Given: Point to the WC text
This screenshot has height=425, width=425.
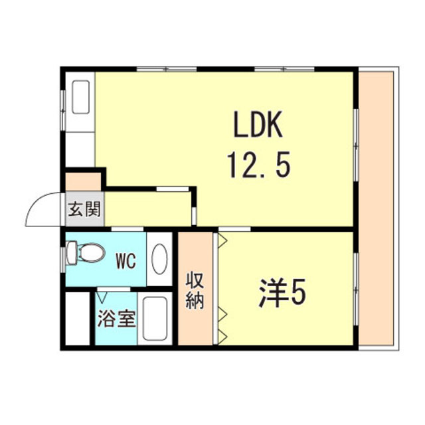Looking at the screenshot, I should click(x=127, y=260).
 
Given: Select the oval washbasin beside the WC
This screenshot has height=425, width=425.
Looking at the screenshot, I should click(x=160, y=260).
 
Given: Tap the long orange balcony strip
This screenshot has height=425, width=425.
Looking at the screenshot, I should click(x=377, y=206).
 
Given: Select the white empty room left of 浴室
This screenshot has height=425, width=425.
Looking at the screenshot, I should click(x=78, y=318).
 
